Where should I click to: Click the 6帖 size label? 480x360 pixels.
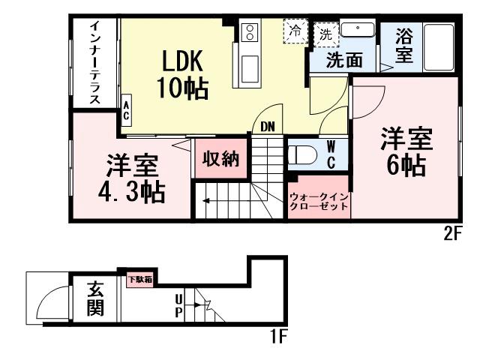click(x=406, y=164)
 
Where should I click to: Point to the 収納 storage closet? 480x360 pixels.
click(x=219, y=160)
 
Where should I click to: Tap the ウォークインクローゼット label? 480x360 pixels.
click(x=319, y=200)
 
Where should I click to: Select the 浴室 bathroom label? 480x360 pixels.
click(x=405, y=46)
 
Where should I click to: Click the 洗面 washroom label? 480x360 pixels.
click(x=345, y=61)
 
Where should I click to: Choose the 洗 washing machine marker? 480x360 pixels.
click(x=325, y=33)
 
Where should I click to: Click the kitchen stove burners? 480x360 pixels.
click(x=249, y=31)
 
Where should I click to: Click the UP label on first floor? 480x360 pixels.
click(x=178, y=306)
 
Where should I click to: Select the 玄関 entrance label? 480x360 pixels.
click(x=94, y=298)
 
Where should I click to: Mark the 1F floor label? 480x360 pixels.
click(x=277, y=336)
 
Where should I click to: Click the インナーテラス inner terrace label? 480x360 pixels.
click(x=95, y=64)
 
